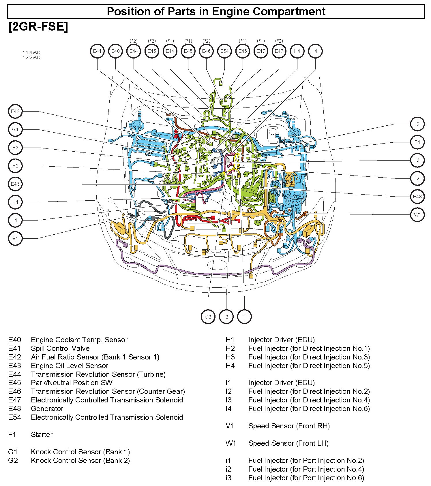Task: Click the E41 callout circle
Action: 97,51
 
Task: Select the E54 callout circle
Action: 224,51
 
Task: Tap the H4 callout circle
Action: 297,51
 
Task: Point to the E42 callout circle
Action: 15,112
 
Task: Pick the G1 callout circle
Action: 15,130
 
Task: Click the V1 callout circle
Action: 15,238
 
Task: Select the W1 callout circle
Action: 417,215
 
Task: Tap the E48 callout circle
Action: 417,197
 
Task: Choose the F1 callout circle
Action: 417,142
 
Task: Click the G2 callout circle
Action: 208,317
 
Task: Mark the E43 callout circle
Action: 15,184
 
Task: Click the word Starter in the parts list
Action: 42,435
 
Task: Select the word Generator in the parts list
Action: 47,409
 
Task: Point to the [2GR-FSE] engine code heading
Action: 38,27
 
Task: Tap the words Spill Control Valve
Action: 60,349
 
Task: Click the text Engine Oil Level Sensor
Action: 69,366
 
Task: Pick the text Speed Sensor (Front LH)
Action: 288,443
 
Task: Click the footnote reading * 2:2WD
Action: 31,58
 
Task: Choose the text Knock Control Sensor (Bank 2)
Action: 80,461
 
